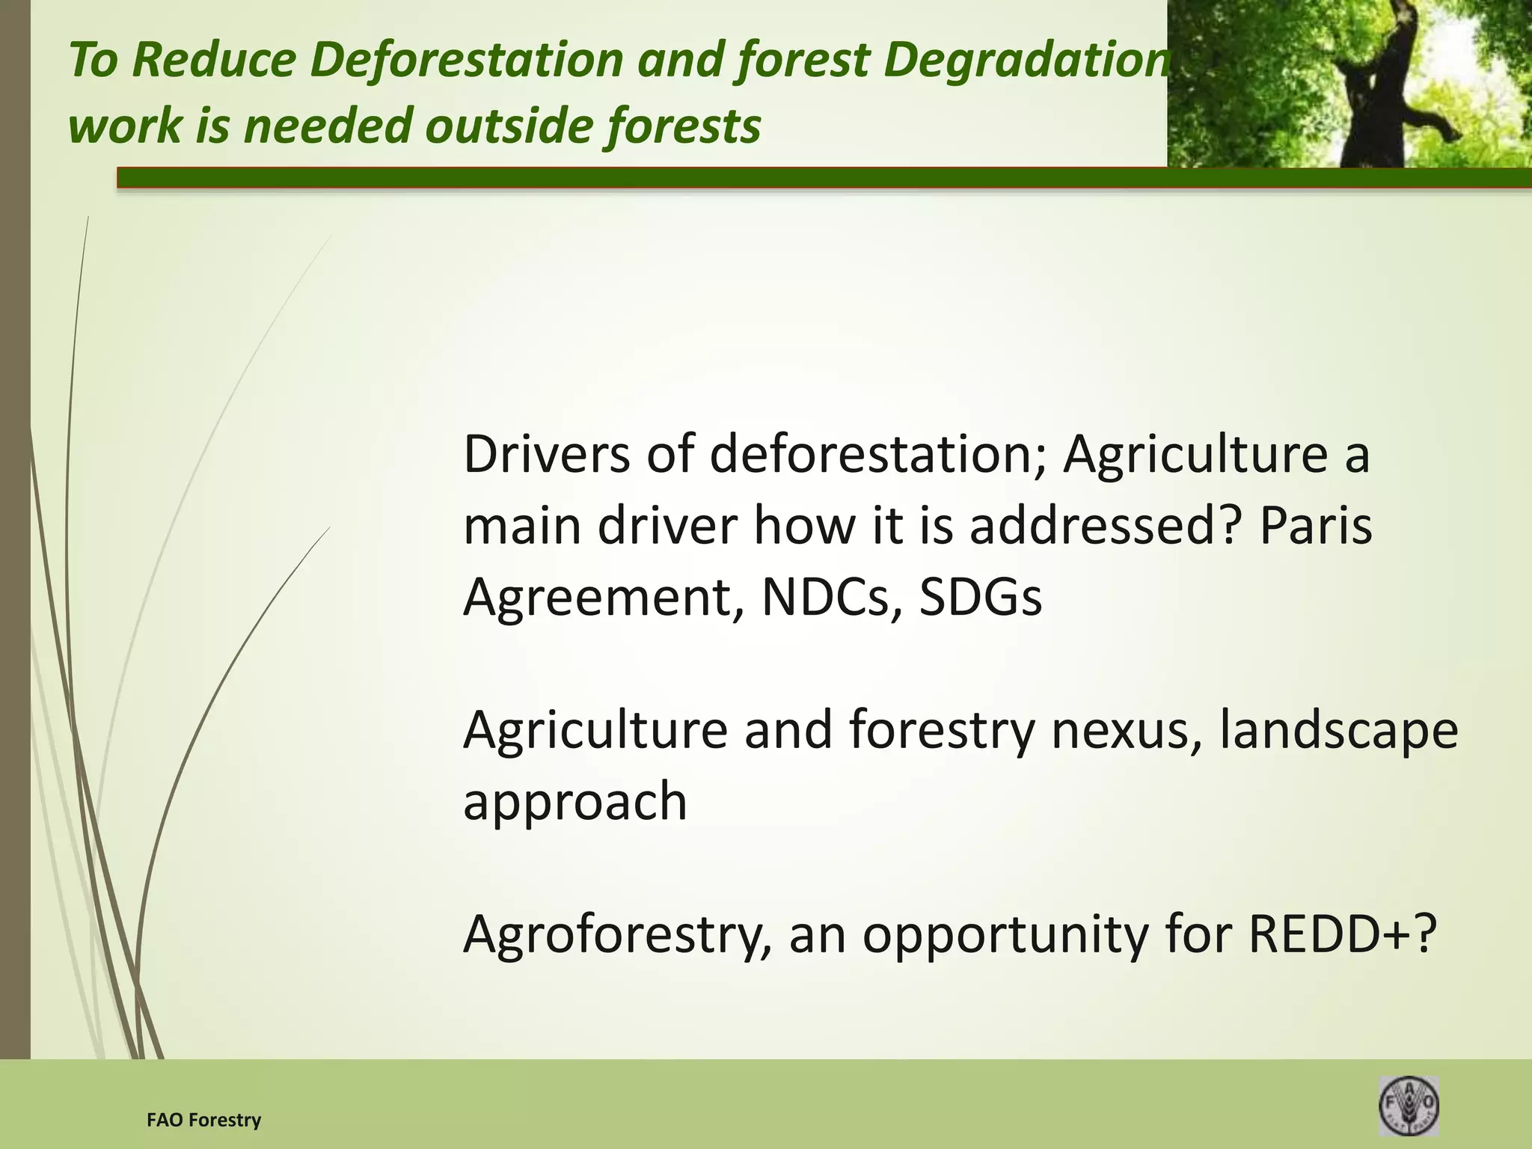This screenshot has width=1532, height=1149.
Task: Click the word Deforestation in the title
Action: (466, 60)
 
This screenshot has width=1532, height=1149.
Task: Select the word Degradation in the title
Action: (1025, 60)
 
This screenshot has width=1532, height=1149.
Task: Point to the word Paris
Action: (1316, 525)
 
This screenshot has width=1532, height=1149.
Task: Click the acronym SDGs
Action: (980, 596)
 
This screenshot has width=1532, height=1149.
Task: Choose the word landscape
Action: (1339, 729)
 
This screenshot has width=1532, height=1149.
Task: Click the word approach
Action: (574, 800)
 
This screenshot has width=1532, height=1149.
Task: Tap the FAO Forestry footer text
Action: (203, 1120)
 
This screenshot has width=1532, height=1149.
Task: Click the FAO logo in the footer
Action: (1409, 1105)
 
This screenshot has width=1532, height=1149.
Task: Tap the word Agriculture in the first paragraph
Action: (1195, 454)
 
